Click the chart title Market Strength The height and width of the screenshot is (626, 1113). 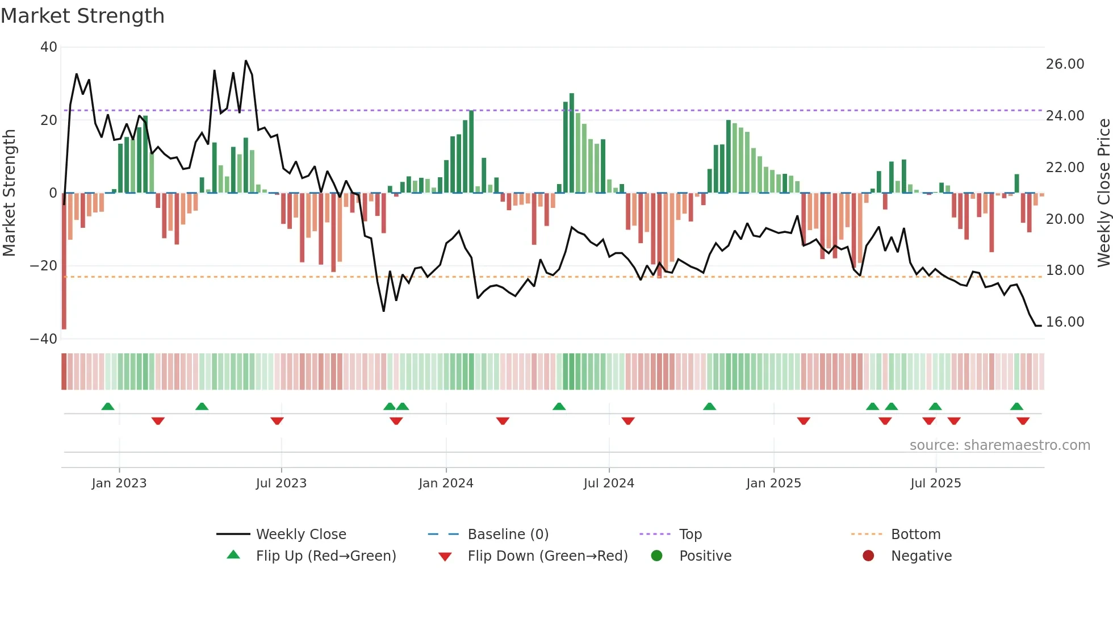[82, 16]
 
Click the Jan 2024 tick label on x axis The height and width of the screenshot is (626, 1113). [446, 483]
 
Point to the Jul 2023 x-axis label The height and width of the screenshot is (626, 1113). [281, 483]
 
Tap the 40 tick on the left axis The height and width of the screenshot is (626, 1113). [49, 47]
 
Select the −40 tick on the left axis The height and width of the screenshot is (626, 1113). [44, 339]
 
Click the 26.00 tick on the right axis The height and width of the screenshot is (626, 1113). [1065, 64]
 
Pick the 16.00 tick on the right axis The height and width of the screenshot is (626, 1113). [1065, 322]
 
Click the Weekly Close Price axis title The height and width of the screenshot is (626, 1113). [1103, 193]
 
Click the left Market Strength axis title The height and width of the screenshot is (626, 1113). [10, 193]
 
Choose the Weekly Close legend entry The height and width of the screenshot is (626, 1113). [301, 535]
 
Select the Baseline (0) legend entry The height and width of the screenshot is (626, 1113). [508, 535]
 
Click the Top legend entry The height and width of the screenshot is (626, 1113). [691, 535]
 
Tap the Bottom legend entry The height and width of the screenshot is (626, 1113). [915, 535]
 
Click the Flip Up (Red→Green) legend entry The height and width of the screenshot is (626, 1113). [325, 556]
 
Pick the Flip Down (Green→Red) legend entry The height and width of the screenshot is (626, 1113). [547, 556]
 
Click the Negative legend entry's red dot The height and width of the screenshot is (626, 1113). [868, 556]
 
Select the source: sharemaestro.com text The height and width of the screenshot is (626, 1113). [999, 445]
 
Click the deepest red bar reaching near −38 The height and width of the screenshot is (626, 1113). [64, 261]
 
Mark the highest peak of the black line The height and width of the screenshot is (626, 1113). [246, 61]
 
